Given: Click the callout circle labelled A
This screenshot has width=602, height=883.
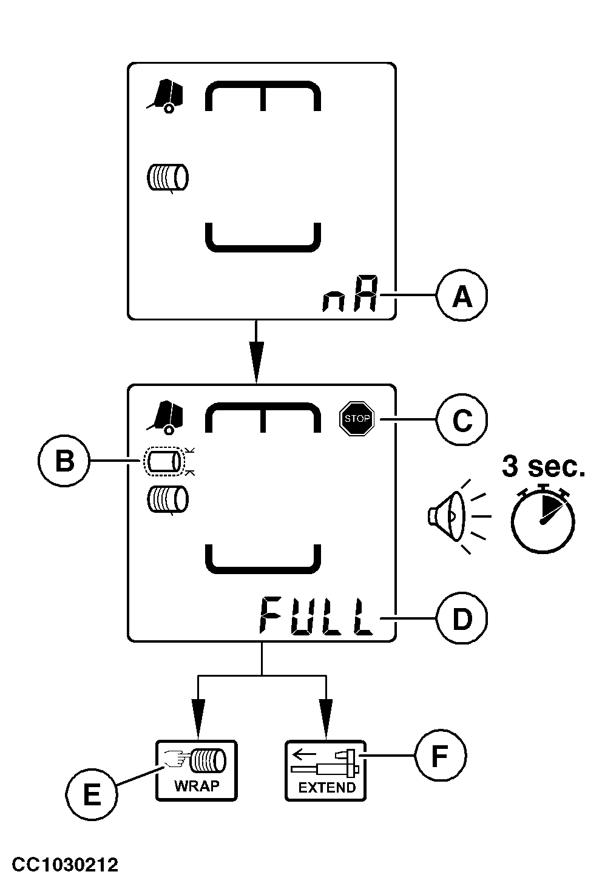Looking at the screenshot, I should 462,297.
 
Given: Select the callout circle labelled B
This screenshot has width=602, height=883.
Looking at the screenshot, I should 64,461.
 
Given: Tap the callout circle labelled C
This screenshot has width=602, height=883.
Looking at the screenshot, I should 462,419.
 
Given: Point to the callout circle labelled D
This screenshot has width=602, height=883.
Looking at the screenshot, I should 462,619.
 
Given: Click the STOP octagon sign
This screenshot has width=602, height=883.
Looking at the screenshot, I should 357,419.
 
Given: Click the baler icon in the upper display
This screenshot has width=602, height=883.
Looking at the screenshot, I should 164,96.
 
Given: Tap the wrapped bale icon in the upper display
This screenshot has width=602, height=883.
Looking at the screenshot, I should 167,178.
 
